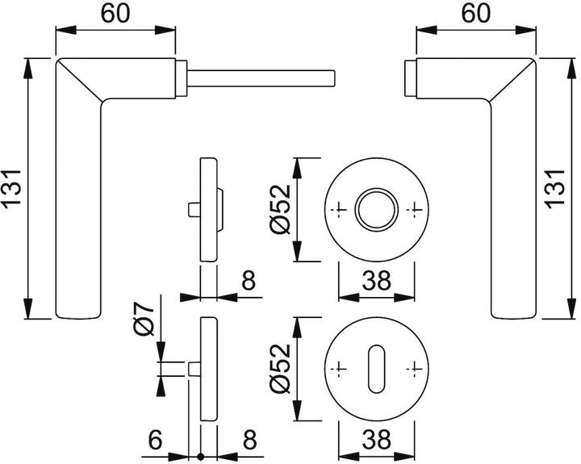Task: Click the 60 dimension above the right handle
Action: pyautogui.click(x=476, y=14)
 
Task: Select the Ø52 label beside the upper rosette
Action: pyautogui.click(x=279, y=209)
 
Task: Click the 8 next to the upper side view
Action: pyautogui.click(x=249, y=282)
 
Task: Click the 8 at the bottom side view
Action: pyautogui.click(x=249, y=440)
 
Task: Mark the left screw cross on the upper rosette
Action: pyautogui.click(x=339, y=209)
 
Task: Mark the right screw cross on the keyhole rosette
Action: pyautogui.click(x=415, y=368)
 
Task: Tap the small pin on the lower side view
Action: pyautogui.click(x=193, y=368)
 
